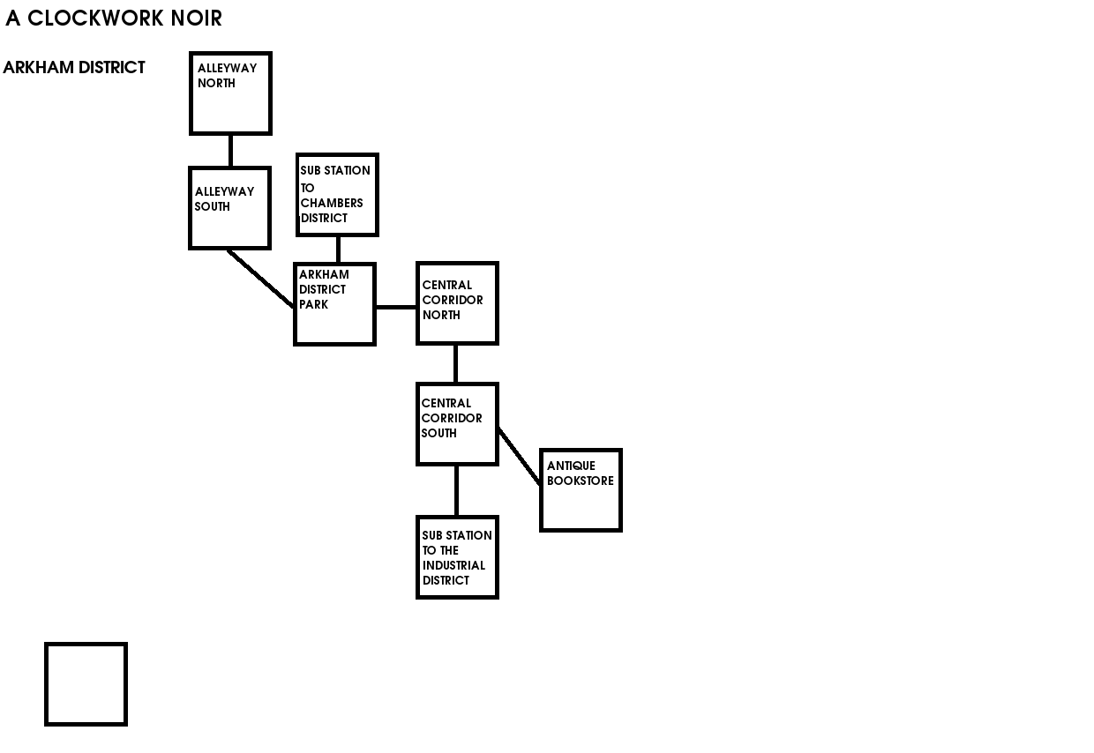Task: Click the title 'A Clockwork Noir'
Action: pos(114,19)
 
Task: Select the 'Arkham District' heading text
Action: pos(74,68)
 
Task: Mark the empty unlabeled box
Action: pos(86,684)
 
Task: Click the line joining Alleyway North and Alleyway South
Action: pos(230,151)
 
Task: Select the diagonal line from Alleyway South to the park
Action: pos(261,279)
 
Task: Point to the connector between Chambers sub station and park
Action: pos(338,250)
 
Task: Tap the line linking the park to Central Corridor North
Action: pos(396,307)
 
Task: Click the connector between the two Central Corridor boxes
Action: pos(455,363)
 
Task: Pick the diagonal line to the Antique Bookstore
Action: pos(520,457)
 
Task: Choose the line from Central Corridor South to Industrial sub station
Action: pos(456,490)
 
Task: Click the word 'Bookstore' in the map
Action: pos(580,481)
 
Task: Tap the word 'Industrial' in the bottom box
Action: pos(453,565)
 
